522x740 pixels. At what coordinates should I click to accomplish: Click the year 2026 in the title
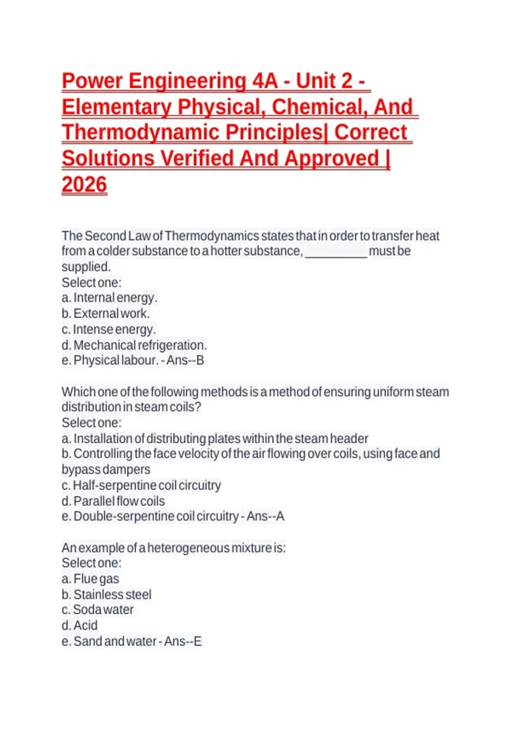84,185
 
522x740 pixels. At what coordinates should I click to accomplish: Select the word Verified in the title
198,158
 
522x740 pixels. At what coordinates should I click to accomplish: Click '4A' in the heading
264,81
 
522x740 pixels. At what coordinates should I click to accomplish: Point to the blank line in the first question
336,252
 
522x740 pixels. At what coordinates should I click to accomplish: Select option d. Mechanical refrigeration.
134,345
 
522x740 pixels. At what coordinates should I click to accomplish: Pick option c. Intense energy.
109,330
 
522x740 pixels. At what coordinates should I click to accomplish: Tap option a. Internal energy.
110,298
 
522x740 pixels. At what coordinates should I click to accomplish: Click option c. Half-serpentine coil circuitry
141,485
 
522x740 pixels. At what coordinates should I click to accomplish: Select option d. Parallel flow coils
113,501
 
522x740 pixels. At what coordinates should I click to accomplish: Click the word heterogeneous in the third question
188,548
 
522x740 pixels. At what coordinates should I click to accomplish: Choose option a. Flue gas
90,579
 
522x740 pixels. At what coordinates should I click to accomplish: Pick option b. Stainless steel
107,595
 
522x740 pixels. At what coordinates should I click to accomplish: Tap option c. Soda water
98,610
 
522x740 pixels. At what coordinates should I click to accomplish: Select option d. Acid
80,626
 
